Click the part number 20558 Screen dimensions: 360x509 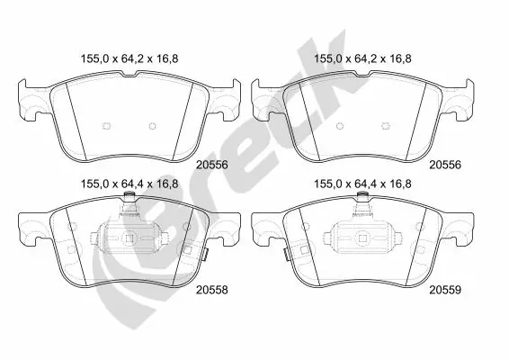211,290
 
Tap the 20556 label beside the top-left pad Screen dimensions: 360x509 211,166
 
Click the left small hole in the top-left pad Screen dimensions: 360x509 106,125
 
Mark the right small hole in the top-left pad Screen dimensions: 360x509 152,125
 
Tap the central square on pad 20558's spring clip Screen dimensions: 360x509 130,238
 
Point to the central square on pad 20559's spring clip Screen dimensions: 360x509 363,238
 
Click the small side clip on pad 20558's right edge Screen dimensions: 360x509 204,255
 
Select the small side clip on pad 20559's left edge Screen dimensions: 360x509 287,255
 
